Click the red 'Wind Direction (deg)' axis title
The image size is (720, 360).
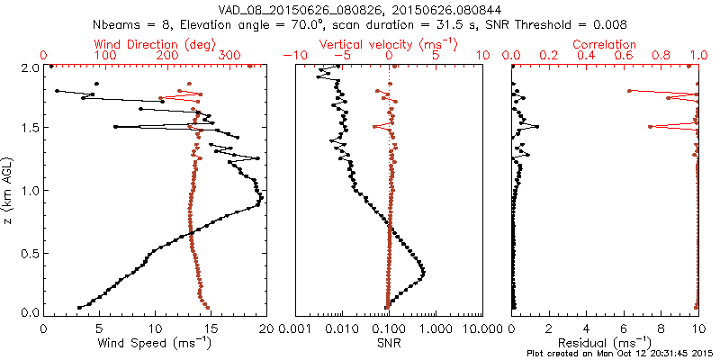[156, 44]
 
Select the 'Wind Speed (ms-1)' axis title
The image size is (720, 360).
[155, 342]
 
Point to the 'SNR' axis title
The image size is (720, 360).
[389, 342]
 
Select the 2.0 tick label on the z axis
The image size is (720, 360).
[30, 67]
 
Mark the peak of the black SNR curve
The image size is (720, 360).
[423, 272]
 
